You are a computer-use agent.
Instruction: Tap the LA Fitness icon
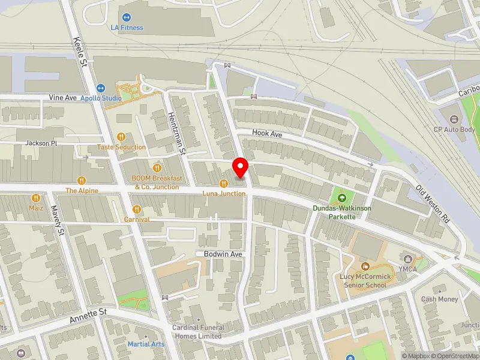point(127,18)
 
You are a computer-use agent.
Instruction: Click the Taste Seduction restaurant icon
point(122,137)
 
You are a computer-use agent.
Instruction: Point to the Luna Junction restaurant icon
point(224,184)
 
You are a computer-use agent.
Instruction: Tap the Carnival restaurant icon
point(137,209)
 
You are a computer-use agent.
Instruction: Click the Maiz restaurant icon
point(37,197)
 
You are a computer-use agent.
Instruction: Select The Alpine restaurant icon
point(82,180)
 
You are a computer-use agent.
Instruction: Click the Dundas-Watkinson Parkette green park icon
point(342,198)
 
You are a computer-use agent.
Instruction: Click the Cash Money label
point(439,299)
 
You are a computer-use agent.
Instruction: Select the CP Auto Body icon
point(454,118)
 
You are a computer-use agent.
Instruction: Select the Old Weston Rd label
point(433,205)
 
